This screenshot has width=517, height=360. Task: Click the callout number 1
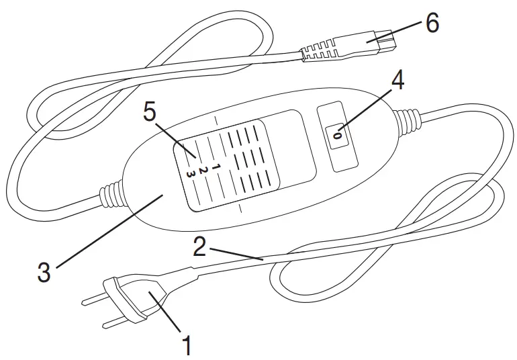tap(187, 346)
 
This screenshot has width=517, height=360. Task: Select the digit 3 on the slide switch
tap(193, 175)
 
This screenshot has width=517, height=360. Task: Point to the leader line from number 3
tap(107, 232)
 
